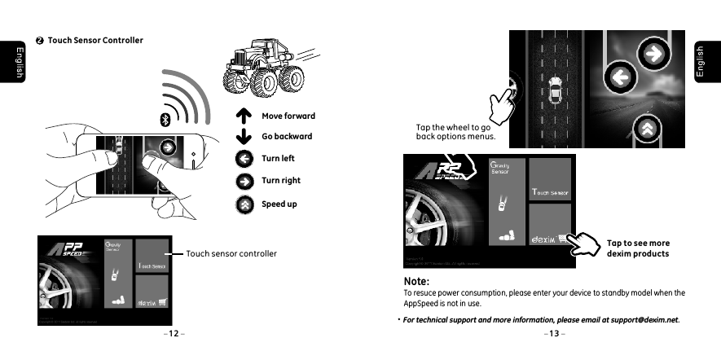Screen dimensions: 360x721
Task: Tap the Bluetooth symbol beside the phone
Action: click(162, 120)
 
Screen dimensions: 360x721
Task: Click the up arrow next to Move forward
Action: click(242, 116)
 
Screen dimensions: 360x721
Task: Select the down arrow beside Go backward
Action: click(242, 137)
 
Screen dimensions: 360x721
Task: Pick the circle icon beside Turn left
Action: click(242, 159)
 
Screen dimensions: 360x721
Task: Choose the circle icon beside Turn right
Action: click(242, 181)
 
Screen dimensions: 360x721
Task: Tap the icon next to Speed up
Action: click(242, 204)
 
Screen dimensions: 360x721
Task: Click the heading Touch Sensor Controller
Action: click(95, 41)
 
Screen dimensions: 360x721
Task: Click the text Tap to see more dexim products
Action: click(638, 248)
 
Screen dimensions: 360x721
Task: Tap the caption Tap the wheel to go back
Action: click(452, 132)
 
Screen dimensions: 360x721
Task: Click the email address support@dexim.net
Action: click(642, 319)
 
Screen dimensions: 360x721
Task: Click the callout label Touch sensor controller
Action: click(231, 254)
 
